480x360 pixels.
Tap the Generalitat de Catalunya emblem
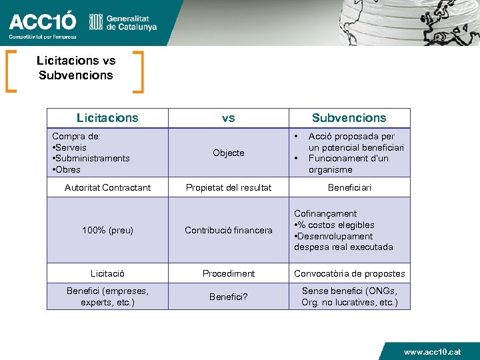pyautogui.click(x=96, y=22)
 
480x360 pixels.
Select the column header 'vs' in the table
pyautogui.click(x=228, y=118)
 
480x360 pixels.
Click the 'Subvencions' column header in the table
pyautogui.click(x=349, y=118)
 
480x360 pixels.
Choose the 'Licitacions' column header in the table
pyautogui.click(x=107, y=118)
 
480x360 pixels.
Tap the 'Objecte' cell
pyautogui.click(x=228, y=153)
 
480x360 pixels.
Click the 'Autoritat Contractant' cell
pyautogui.click(x=107, y=188)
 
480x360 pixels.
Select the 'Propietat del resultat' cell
pyautogui.click(x=228, y=188)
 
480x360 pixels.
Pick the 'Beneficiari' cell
pyautogui.click(x=349, y=188)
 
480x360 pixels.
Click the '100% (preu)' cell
pyautogui.click(x=107, y=231)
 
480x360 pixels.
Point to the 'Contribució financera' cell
pyautogui.click(x=228, y=231)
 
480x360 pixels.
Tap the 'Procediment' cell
pyautogui.click(x=228, y=273)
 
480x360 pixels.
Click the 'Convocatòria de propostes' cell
pyautogui.click(x=349, y=273)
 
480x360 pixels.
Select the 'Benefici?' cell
pyautogui.click(x=228, y=297)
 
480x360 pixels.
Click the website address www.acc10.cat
pyautogui.click(x=432, y=351)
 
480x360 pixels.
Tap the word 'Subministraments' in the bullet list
pyautogui.click(x=93, y=158)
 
